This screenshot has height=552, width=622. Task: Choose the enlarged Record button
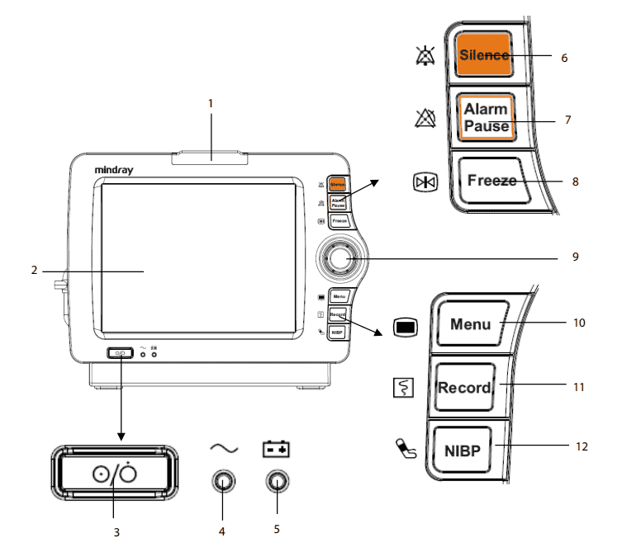click(463, 387)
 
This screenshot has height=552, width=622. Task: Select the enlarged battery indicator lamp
click(277, 480)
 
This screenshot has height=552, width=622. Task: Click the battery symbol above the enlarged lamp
click(277, 450)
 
